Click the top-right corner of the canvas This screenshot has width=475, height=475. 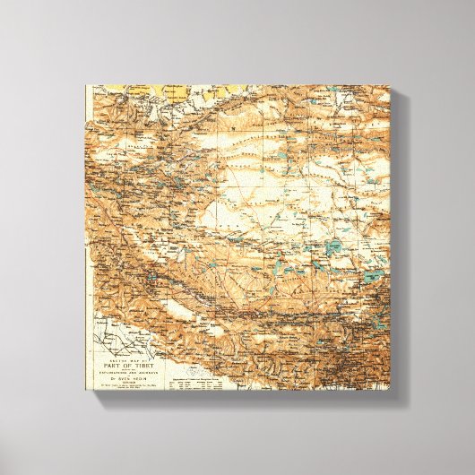[391, 86]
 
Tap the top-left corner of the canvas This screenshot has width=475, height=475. [86, 86]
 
